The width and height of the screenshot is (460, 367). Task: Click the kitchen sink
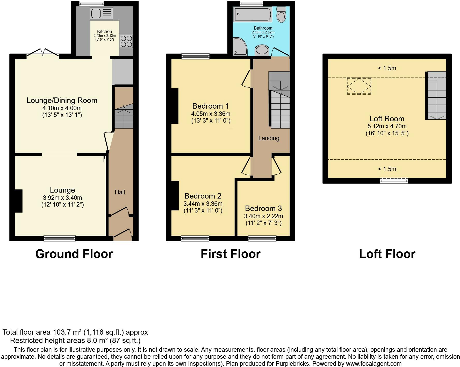[102, 13]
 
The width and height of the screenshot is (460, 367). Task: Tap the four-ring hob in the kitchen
[126, 41]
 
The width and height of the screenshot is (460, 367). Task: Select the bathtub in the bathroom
[253, 15]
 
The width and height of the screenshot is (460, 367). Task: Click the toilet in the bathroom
[281, 14]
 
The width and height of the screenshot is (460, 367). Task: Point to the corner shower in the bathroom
[240, 47]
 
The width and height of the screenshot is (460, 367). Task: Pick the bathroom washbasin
[262, 50]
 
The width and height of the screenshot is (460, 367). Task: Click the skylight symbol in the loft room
[359, 86]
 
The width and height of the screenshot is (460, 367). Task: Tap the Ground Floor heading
[74, 254]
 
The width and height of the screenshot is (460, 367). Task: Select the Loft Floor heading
[387, 254]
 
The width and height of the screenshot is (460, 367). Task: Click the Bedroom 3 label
[263, 208]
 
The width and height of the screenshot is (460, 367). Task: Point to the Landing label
[269, 138]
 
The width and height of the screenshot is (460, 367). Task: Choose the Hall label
[120, 192]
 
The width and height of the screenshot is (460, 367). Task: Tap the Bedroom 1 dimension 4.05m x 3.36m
[211, 114]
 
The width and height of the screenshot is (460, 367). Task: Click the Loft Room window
[394, 181]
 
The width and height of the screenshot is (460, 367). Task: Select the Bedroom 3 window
[262, 238]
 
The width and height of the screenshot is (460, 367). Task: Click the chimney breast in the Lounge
[18, 201]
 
